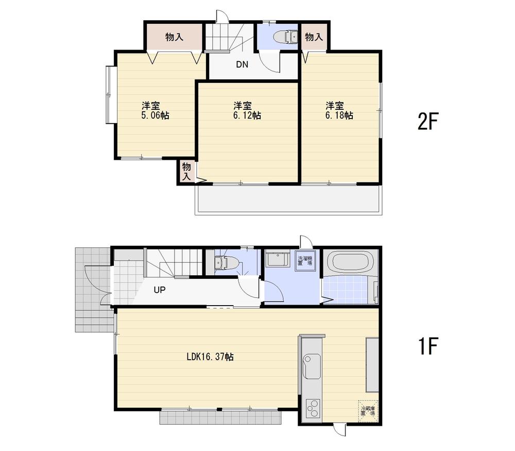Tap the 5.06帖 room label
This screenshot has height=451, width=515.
155,110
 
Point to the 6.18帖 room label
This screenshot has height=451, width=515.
339,110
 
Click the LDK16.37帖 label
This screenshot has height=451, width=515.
210,356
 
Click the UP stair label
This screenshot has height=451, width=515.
159,290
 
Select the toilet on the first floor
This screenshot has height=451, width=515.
226,263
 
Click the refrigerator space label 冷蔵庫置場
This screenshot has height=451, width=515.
368,411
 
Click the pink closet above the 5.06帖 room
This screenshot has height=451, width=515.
174,37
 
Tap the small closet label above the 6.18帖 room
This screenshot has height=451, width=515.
314,37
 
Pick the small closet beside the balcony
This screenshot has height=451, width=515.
186,172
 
